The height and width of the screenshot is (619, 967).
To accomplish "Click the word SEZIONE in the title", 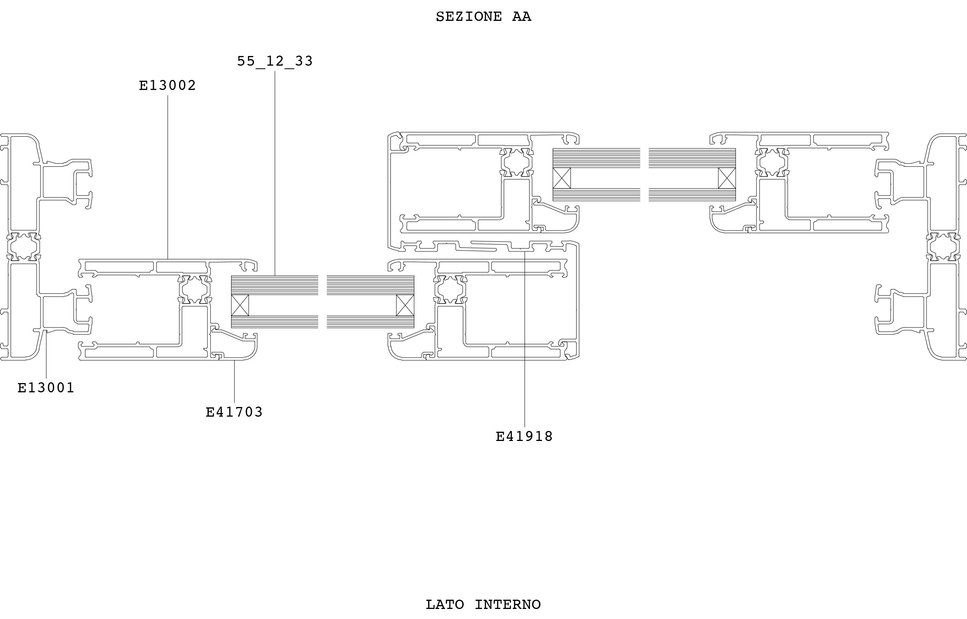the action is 469,17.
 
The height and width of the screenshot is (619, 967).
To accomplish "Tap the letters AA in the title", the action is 521,17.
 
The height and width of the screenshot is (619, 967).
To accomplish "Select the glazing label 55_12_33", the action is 275,61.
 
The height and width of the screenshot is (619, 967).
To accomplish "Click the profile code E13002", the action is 167,85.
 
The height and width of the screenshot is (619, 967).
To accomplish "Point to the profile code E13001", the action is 46,388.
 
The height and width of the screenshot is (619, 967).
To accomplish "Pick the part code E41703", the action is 234,412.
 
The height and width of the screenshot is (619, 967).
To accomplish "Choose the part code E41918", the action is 524,436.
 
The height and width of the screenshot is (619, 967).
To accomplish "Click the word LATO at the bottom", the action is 445,605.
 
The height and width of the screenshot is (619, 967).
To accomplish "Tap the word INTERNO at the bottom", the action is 508,605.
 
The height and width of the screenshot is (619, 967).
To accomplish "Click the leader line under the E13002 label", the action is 168,177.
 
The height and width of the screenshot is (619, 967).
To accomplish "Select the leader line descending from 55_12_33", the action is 275,173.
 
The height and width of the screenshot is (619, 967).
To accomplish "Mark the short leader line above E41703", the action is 235,382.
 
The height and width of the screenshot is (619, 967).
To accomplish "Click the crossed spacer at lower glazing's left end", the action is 240,305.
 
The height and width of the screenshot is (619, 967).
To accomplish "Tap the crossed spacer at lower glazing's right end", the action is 405,305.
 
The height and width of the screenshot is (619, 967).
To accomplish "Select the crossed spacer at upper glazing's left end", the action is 562,178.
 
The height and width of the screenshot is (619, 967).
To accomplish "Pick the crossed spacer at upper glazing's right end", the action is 727,178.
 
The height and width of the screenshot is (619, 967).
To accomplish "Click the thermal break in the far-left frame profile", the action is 24,246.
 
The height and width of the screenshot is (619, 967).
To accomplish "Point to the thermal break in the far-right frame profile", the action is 944,246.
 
